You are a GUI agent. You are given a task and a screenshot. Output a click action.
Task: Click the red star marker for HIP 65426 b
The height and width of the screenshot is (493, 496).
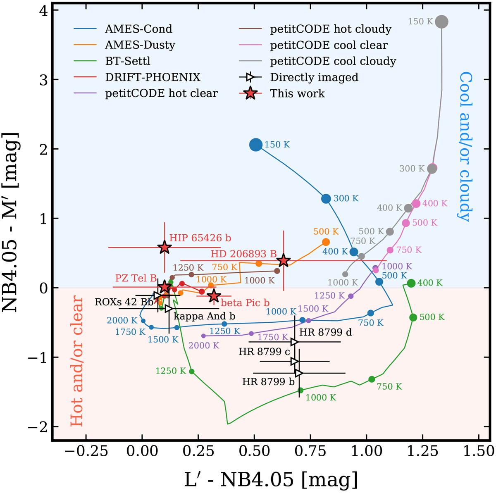click(x=165, y=247)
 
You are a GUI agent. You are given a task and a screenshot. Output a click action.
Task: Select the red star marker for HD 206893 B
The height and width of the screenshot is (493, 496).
click(x=283, y=261)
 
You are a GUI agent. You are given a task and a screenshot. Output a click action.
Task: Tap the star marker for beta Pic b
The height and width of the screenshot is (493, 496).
click(x=214, y=296)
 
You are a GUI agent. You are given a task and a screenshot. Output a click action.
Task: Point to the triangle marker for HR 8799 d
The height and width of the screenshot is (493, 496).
click(x=294, y=342)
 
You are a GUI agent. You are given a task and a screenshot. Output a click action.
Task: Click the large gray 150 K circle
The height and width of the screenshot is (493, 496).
click(x=442, y=21)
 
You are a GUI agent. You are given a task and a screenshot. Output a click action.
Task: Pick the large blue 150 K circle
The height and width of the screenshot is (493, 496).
click(x=256, y=145)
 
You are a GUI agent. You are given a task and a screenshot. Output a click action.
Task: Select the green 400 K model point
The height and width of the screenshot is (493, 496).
click(x=411, y=283)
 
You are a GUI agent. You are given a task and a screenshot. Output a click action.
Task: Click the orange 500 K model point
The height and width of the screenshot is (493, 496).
click(x=326, y=242)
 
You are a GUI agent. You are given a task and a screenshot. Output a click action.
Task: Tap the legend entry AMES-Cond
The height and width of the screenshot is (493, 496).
click(x=138, y=29)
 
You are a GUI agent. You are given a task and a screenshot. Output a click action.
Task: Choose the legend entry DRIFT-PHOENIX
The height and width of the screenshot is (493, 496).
click(x=153, y=77)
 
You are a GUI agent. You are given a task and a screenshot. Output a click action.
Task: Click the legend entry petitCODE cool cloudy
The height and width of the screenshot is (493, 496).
click(x=333, y=62)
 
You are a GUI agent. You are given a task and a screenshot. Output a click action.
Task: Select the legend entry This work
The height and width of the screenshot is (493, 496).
click(x=297, y=94)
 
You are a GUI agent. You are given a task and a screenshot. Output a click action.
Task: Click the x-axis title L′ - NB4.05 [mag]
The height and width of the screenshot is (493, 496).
click(x=271, y=480)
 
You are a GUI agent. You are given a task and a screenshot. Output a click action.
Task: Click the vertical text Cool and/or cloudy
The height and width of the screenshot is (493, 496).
click(x=466, y=147)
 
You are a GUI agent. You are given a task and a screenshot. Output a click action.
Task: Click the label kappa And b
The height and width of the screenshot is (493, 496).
click(x=204, y=316)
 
